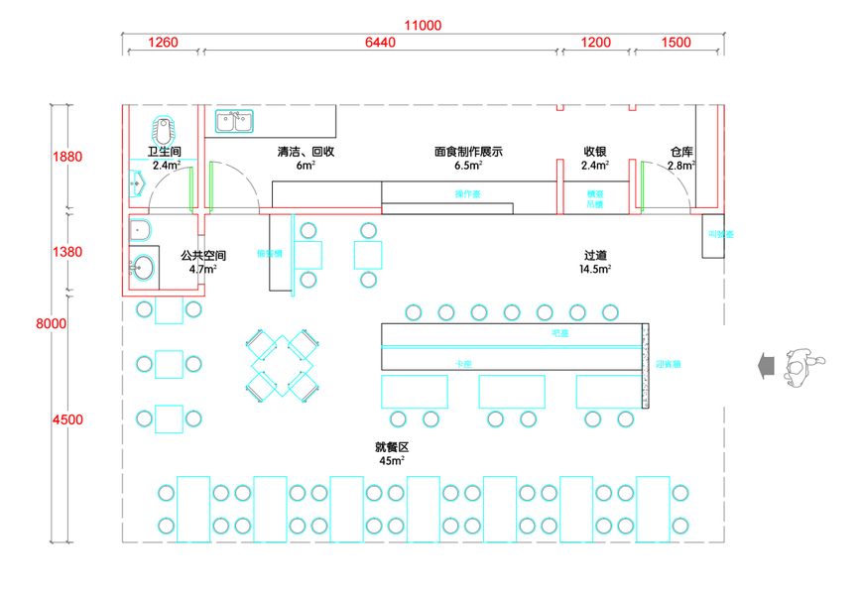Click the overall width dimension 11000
[423, 25]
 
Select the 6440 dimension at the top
[380, 43]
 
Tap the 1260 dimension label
[162, 43]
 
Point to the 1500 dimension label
[676, 43]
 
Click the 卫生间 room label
[165, 153]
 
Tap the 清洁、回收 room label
[306, 153]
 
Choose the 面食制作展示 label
[468, 153]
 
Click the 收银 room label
[595, 153]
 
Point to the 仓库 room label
[680, 153]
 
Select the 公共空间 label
[203, 256]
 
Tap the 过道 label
[595, 256]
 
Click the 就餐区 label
[391, 447]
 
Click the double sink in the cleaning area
[234, 121]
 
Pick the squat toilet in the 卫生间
[164, 129]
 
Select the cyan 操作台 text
[467, 193]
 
